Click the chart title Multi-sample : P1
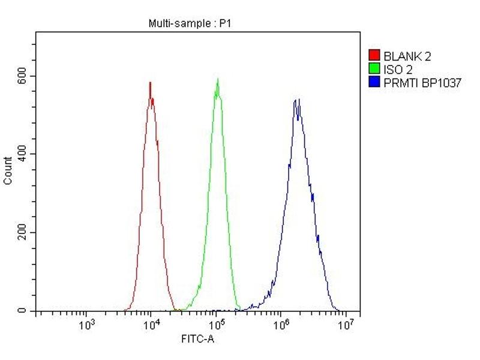point(190,23)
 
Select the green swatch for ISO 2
point(373,70)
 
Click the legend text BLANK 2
point(407,57)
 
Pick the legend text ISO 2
point(398,70)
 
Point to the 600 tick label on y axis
point(22,76)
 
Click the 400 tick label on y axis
point(22,154)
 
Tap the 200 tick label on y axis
point(22,233)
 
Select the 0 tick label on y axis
point(22,311)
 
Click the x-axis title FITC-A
point(197,340)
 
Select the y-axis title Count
point(8,170)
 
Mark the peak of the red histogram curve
point(150,83)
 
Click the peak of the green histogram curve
point(217,79)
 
